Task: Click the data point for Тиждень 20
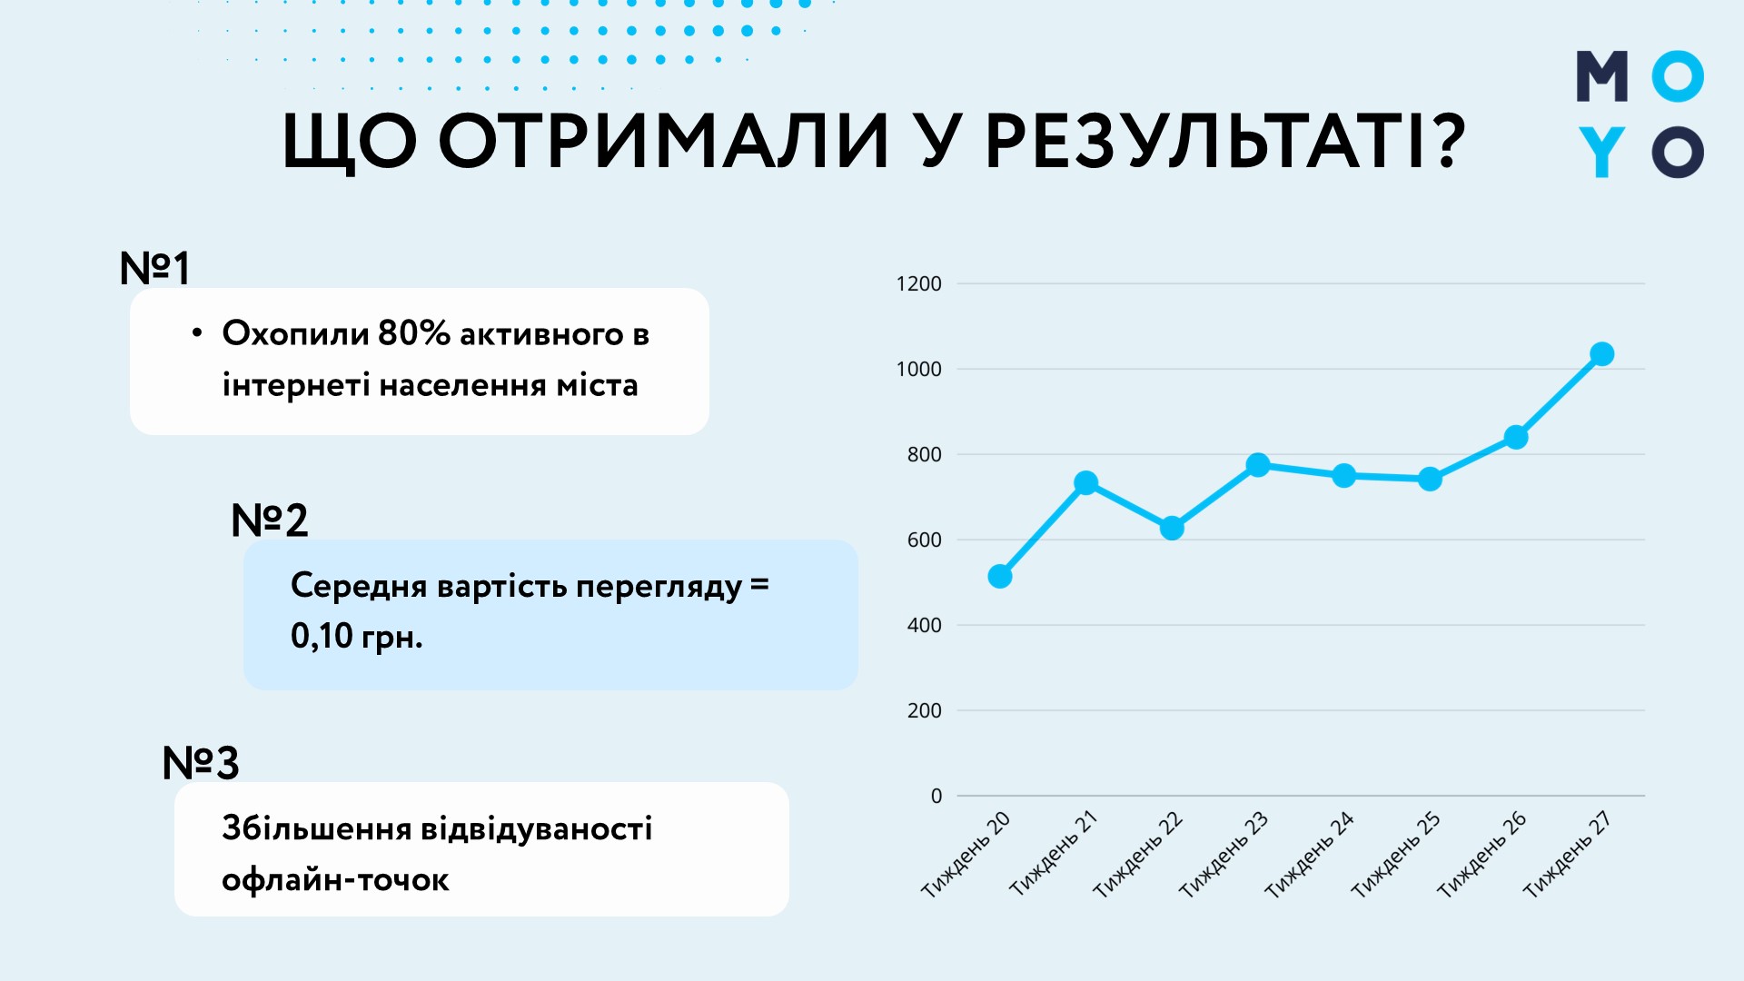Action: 999,577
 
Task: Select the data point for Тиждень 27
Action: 1602,354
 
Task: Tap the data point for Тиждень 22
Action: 1172,528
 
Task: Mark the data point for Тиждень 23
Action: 1258,465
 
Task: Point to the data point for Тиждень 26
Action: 1516,438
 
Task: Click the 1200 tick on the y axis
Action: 918,284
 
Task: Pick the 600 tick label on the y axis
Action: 924,540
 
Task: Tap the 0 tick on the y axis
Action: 936,797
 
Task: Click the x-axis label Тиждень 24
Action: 1309,855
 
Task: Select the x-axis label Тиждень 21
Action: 1054,853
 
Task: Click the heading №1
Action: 154,269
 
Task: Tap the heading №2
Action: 270,520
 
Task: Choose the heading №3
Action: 201,763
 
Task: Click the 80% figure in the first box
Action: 413,333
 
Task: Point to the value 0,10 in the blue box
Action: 322,636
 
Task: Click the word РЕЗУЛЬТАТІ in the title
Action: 1224,143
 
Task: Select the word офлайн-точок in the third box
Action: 335,879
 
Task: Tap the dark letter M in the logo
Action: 1602,76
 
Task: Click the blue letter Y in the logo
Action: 1601,152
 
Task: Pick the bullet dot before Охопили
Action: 197,333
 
